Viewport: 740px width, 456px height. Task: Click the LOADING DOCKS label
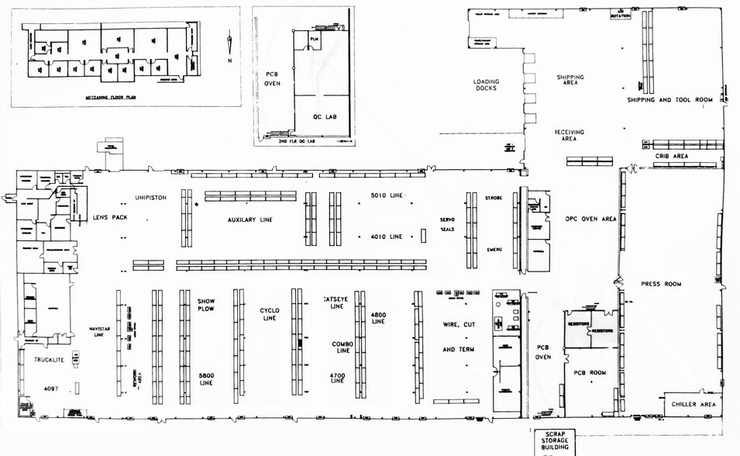pos(487,85)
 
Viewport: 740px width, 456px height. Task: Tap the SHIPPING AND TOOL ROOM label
pos(669,100)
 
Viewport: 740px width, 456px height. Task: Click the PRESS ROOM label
pos(661,284)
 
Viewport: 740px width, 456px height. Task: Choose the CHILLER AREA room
pos(693,404)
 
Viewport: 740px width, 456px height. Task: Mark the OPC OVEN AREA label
pos(590,219)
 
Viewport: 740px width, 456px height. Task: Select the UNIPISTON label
pos(150,198)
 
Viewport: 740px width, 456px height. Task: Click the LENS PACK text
pos(110,218)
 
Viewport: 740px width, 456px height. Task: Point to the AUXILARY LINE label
pos(250,219)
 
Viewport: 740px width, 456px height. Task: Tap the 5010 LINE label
pos(386,195)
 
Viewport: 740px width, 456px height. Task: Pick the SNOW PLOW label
pos(205,306)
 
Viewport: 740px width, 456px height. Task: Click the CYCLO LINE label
pos(269,314)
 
